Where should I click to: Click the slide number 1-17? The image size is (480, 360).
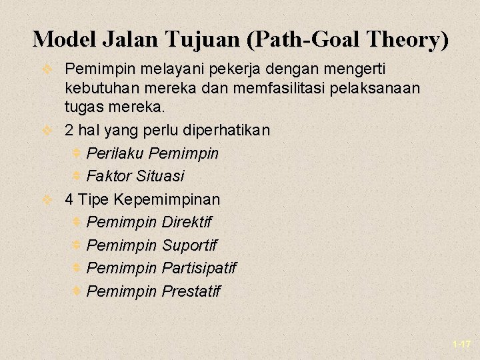[x=461, y=345]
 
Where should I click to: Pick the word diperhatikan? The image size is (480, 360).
[x=222, y=129]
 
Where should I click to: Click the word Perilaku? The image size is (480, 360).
[x=116, y=153]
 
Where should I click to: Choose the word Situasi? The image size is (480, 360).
[x=160, y=176]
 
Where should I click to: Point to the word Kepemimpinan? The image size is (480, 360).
[x=167, y=199]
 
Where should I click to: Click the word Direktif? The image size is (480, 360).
[x=187, y=222]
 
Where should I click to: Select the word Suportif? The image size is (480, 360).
[x=189, y=245]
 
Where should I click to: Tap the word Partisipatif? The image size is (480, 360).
[x=199, y=268]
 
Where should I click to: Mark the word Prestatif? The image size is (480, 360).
[x=191, y=291]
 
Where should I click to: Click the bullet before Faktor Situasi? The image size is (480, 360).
[x=77, y=176]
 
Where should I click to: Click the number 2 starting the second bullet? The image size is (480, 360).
[x=69, y=129]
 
